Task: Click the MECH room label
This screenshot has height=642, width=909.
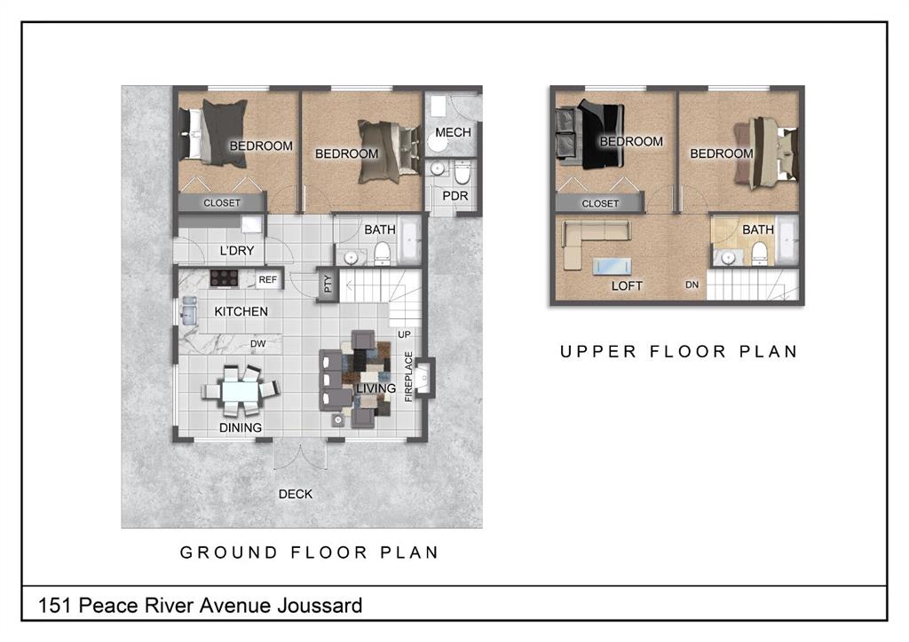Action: pyautogui.click(x=453, y=133)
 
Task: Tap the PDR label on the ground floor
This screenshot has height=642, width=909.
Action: pyautogui.click(x=455, y=196)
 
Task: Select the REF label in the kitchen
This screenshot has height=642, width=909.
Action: pyautogui.click(x=268, y=279)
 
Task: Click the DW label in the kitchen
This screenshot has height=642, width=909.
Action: pyautogui.click(x=258, y=344)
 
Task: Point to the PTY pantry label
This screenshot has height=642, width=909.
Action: pyautogui.click(x=328, y=284)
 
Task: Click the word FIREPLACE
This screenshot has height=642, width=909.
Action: pyautogui.click(x=408, y=376)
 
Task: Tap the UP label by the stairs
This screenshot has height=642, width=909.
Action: pyautogui.click(x=404, y=334)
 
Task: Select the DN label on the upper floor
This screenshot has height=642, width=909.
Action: pyautogui.click(x=692, y=285)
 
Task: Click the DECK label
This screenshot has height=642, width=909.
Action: pyautogui.click(x=296, y=495)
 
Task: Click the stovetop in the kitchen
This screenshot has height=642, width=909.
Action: pyautogui.click(x=224, y=278)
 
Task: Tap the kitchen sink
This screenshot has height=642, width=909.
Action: pyautogui.click(x=189, y=311)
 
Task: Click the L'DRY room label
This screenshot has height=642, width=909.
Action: pyautogui.click(x=236, y=251)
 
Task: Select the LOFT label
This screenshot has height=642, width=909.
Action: pyautogui.click(x=627, y=286)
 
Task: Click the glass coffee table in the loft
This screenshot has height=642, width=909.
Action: pyautogui.click(x=613, y=266)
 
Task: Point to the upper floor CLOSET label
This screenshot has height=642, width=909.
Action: pyautogui.click(x=601, y=204)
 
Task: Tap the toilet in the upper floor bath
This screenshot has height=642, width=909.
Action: pyautogui.click(x=760, y=253)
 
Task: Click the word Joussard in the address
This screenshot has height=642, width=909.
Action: pyautogui.click(x=320, y=607)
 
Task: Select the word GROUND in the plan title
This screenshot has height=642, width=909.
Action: pyautogui.click(x=229, y=552)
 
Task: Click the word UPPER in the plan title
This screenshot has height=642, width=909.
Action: pyautogui.click(x=598, y=352)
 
